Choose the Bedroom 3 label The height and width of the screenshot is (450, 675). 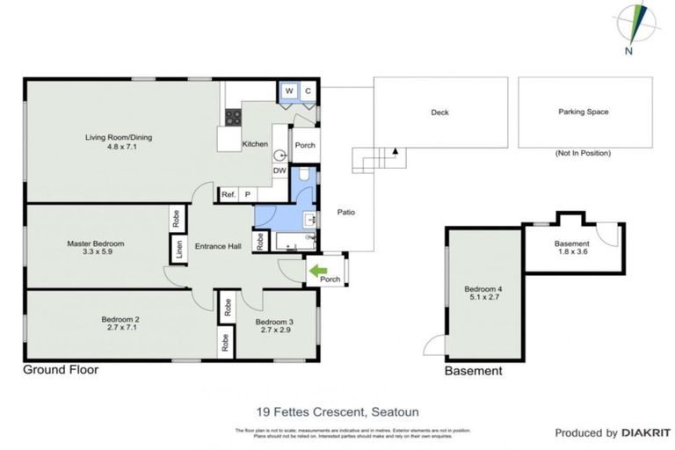(274, 322)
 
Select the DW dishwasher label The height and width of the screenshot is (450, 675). (279, 170)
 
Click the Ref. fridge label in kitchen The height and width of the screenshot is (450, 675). (228, 194)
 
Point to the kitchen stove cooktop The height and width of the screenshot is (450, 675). (234, 117)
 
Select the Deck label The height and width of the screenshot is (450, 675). (440, 112)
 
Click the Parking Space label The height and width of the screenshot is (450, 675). (583, 112)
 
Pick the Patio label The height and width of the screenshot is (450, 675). (345, 212)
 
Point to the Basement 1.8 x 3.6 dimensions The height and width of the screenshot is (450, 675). (571, 251)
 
